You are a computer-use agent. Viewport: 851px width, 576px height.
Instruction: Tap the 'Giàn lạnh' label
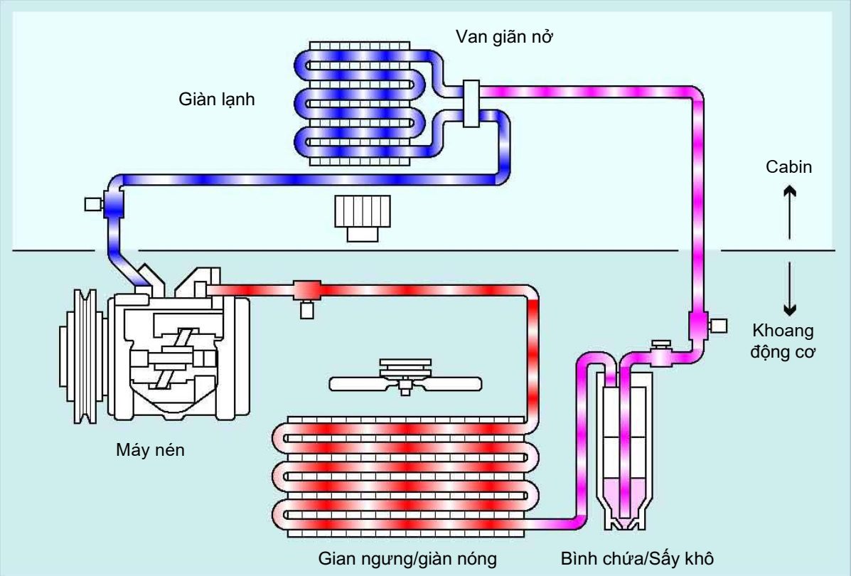coord(216,100)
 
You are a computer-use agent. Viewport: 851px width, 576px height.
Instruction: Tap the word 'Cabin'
coord(789,167)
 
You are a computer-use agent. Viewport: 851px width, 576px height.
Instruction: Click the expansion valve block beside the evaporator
coord(470,104)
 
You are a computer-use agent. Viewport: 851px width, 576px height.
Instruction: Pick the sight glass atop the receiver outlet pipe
coord(661,346)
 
